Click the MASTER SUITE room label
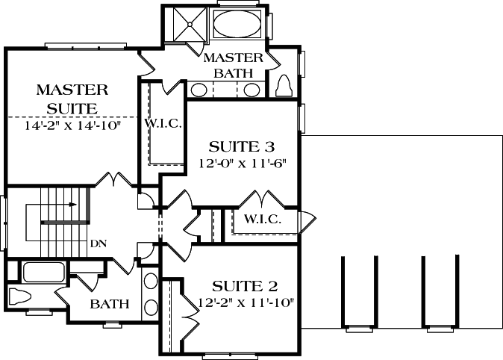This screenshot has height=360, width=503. tap(72, 99)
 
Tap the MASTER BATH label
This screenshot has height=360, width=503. tap(234, 65)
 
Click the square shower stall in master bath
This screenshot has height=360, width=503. tap(188, 24)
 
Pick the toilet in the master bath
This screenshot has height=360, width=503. tap(284, 86)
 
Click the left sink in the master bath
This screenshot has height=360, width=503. tap(199, 90)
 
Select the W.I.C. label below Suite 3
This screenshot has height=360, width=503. tap(262, 220)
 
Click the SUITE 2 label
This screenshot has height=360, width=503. tap(245, 286)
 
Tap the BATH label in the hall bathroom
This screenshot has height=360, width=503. tap(110, 304)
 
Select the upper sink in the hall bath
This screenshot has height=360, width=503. tap(150, 282)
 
